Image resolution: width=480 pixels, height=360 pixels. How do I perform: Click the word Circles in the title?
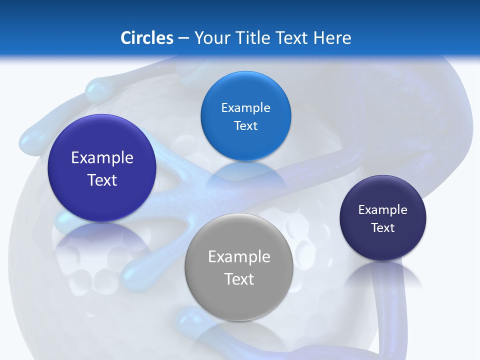146,38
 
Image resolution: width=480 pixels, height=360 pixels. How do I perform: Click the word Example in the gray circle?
239,257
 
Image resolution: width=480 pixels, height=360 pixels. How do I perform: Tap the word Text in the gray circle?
239,279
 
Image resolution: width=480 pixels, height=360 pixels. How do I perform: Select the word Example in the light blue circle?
245,108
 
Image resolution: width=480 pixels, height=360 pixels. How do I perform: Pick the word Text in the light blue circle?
245,126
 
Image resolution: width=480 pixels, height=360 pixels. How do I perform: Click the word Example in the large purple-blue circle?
102,158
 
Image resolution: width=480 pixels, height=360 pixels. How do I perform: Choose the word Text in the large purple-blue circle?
102,180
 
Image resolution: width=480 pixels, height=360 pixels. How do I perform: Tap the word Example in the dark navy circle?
382,210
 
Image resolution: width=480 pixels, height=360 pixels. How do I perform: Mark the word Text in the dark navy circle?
382,228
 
